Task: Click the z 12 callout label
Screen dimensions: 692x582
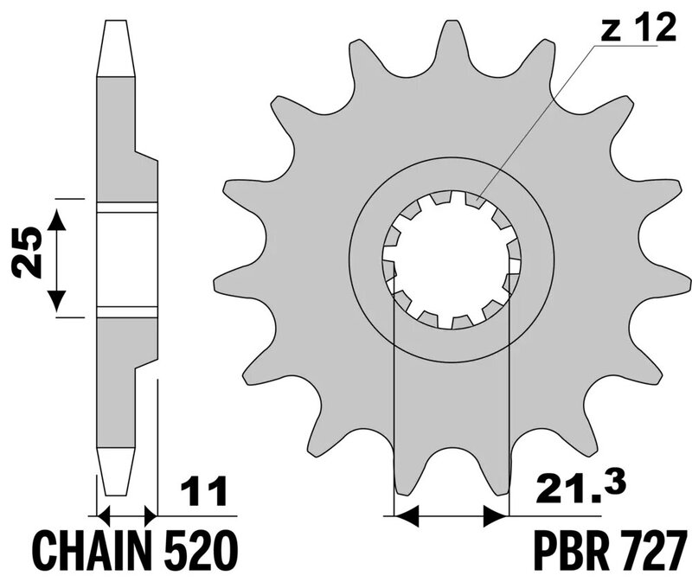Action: pos(638,27)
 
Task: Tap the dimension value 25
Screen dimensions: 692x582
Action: pos(28,253)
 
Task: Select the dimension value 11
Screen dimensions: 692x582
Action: pos(203,490)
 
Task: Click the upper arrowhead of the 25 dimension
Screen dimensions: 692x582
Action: pos(56,220)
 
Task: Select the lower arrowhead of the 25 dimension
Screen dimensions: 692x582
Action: pos(56,301)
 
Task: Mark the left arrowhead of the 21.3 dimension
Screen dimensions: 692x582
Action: pos(406,515)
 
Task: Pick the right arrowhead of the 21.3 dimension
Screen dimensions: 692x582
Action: pos(496,515)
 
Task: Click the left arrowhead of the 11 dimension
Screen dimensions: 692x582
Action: pos(103,515)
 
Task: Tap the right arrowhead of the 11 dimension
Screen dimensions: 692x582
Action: pos(151,515)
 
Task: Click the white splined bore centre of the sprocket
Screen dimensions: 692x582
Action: pos(452,260)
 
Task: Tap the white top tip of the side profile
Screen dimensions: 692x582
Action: pos(116,48)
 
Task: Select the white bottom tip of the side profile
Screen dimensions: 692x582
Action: pos(116,471)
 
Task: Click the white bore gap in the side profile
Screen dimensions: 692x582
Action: pos(127,259)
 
